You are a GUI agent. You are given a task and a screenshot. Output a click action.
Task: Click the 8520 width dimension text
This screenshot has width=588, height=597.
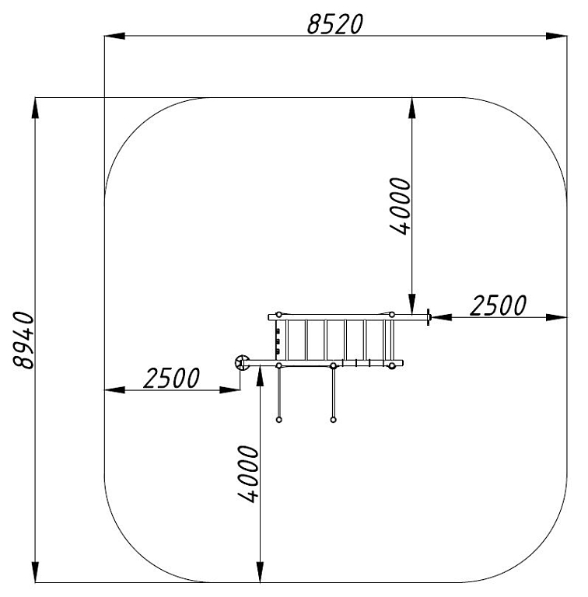335,24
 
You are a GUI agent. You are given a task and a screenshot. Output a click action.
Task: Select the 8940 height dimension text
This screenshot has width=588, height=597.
23,340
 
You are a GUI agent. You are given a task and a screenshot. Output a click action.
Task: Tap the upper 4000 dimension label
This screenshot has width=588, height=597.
401,205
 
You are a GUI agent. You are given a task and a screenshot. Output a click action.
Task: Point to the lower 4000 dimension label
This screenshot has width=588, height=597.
248,474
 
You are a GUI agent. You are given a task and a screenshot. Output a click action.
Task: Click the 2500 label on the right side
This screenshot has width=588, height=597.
498,305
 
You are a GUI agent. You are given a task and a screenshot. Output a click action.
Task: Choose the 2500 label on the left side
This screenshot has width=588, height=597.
171,378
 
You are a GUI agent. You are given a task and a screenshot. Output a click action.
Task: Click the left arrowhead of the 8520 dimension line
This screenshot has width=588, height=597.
114,36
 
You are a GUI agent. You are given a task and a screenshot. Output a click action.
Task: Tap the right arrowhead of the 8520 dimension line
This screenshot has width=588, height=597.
556,36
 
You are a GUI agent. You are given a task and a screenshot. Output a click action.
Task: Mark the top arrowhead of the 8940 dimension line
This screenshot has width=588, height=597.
35,109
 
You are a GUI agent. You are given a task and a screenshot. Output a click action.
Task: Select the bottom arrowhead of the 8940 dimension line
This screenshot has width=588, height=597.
35,571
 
